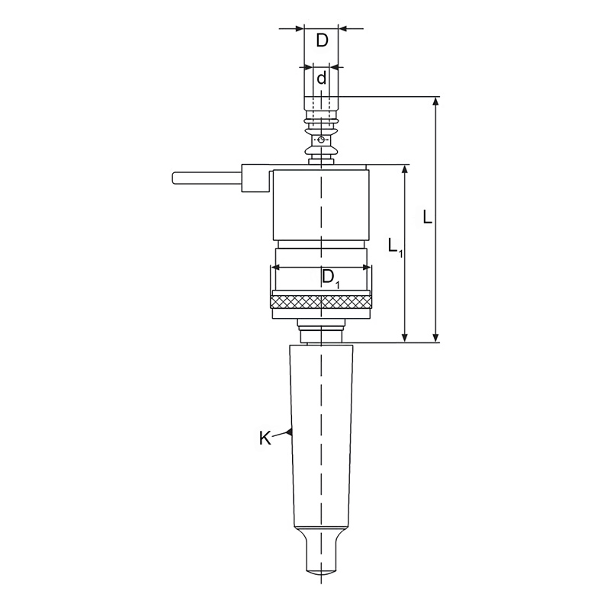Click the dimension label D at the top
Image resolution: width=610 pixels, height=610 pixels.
click(322, 40)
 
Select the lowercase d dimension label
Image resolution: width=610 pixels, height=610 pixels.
click(321, 78)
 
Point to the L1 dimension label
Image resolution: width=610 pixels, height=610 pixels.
click(395, 246)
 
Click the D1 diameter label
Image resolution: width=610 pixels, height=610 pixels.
click(331, 278)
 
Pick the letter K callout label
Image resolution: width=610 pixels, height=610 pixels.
click(265, 438)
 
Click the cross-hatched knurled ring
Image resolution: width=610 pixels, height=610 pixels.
click(321, 301)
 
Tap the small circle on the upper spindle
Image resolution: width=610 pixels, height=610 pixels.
click(320, 140)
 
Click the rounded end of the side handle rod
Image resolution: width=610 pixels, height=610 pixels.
click(175, 178)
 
